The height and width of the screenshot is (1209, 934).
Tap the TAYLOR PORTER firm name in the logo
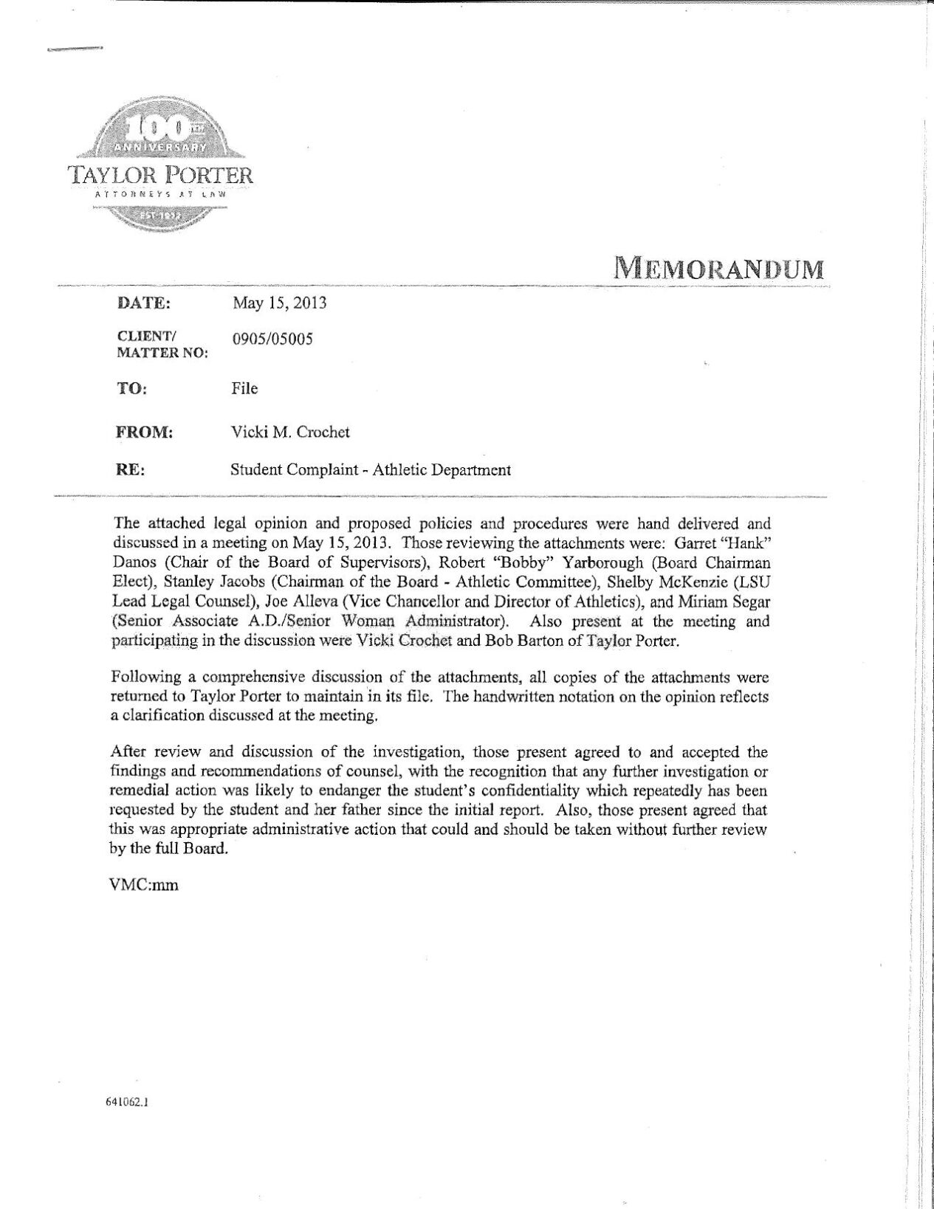coord(161,176)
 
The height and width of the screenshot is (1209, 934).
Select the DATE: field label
coord(144,303)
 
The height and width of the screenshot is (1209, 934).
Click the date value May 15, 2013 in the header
coord(279,303)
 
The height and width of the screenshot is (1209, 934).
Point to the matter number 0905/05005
coord(272,340)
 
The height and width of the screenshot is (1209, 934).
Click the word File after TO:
coord(244,388)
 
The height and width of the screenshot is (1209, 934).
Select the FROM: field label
coord(145,433)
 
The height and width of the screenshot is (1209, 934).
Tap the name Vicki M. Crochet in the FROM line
coord(290,433)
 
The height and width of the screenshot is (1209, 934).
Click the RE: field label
coord(131,469)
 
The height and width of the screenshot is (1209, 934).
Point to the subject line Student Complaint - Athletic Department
coord(371,469)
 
